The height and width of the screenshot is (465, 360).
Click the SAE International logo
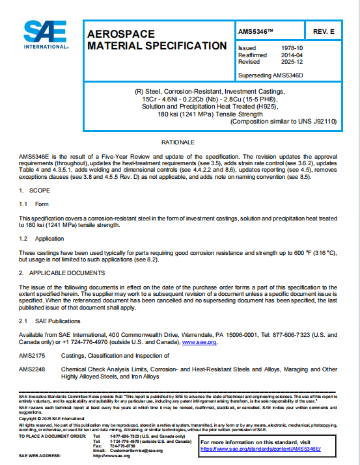46,35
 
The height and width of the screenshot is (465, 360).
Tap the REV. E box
323,31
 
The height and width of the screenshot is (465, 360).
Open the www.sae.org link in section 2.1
199,341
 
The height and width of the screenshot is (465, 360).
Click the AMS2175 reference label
32,356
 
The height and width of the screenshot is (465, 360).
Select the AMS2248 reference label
32,369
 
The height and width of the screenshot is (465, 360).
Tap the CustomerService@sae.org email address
136,450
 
